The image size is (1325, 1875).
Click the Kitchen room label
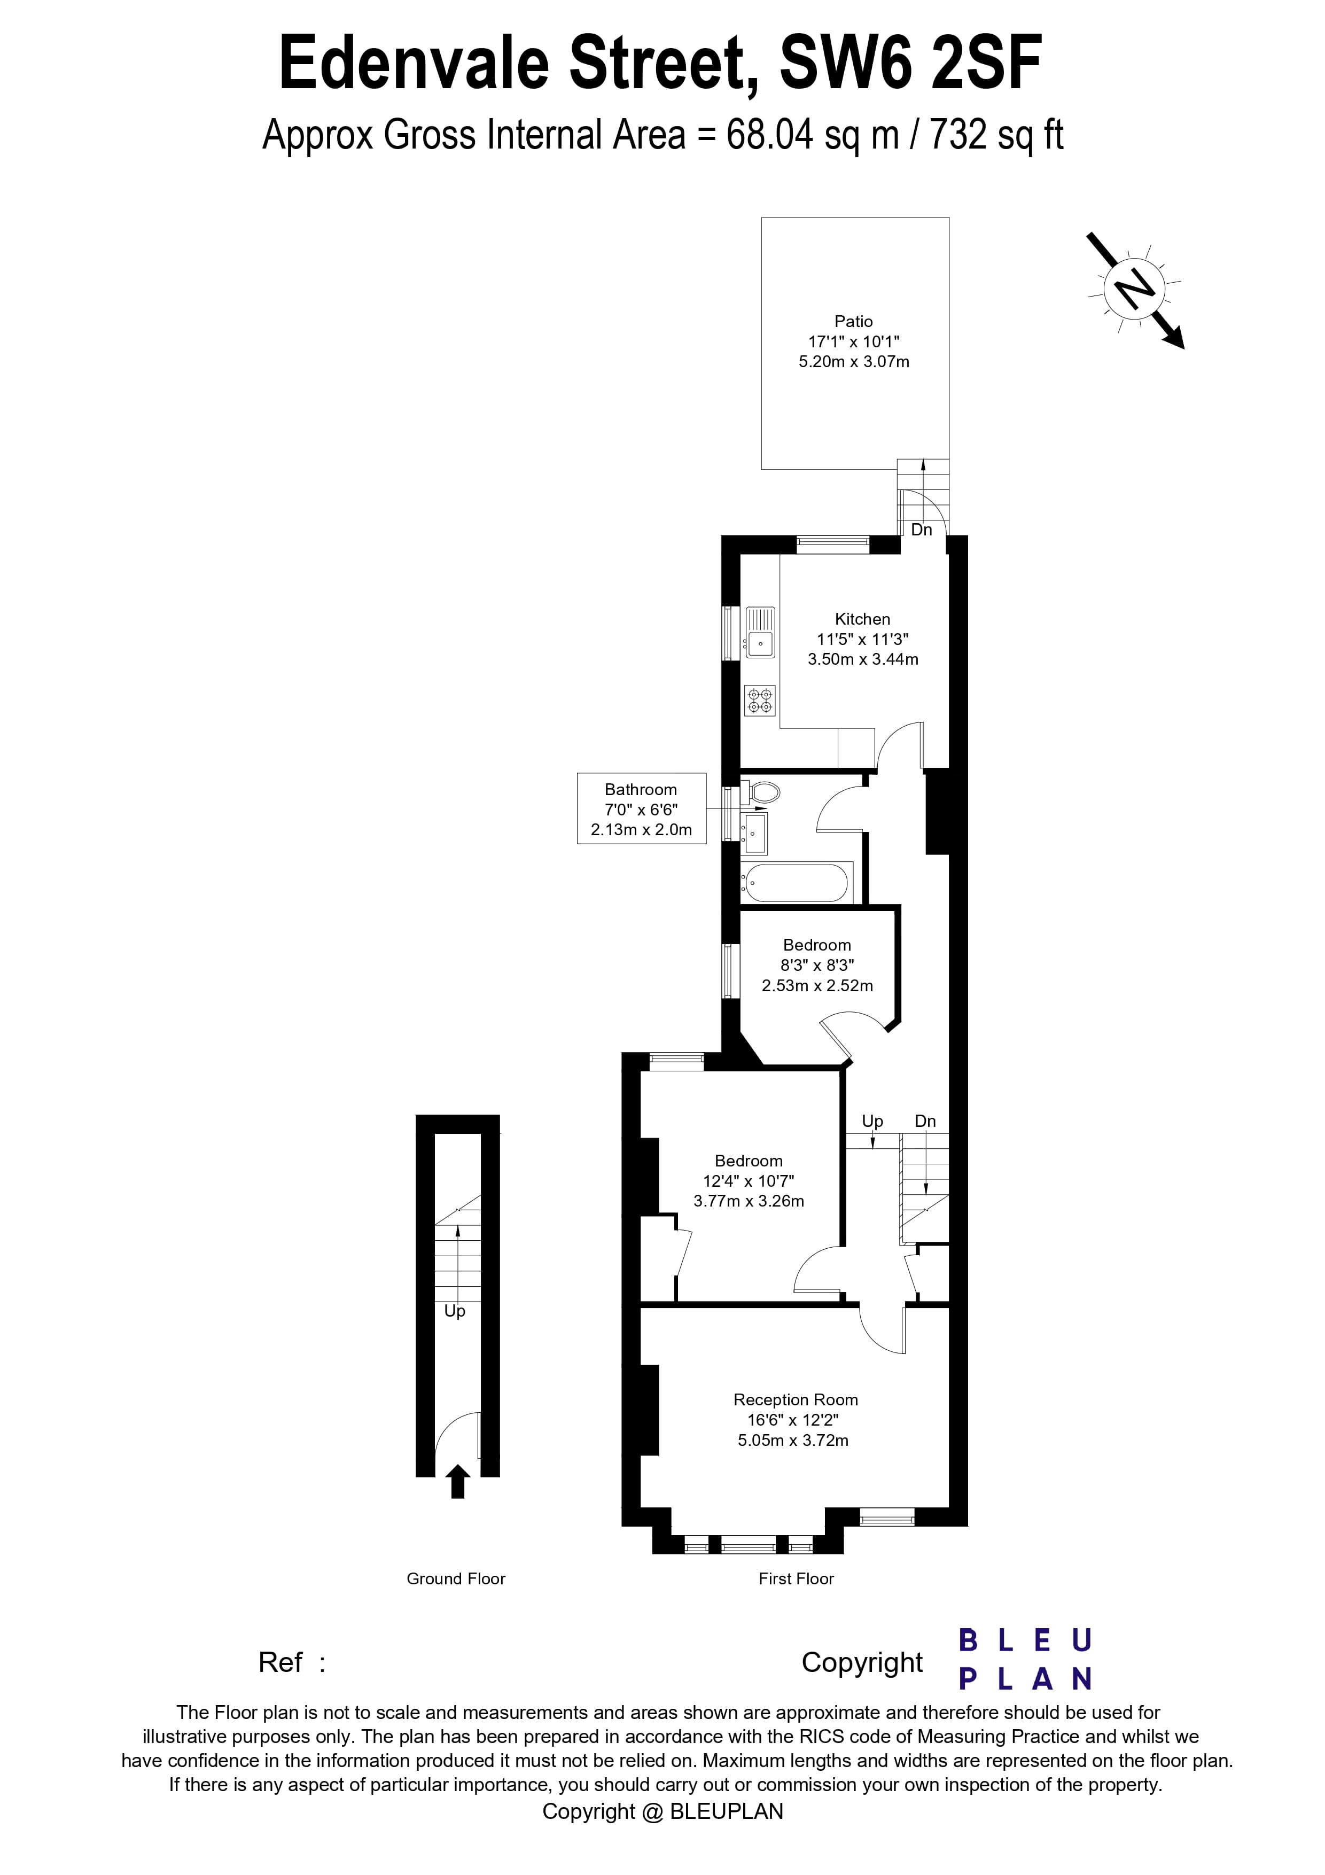(x=862, y=619)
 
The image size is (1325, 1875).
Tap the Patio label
(x=853, y=322)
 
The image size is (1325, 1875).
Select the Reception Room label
(x=795, y=1400)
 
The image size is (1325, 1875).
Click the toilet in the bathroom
(x=763, y=791)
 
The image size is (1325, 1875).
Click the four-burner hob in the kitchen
(x=759, y=701)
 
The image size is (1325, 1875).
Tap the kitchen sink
(x=760, y=632)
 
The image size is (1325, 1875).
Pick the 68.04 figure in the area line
(x=770, y=135)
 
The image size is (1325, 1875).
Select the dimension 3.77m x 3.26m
(x=749, y=1201)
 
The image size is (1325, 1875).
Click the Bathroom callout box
(x=641, y=808)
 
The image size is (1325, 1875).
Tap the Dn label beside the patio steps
(x=922, y=530)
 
